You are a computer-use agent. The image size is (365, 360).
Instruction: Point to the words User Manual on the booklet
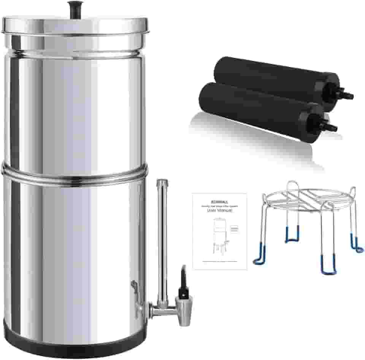click(x=219, y=210)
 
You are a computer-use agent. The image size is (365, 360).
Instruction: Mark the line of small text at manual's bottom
click(x=219, y=262)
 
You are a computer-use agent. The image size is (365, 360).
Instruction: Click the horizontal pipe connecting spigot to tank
click(x=160, y=307)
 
